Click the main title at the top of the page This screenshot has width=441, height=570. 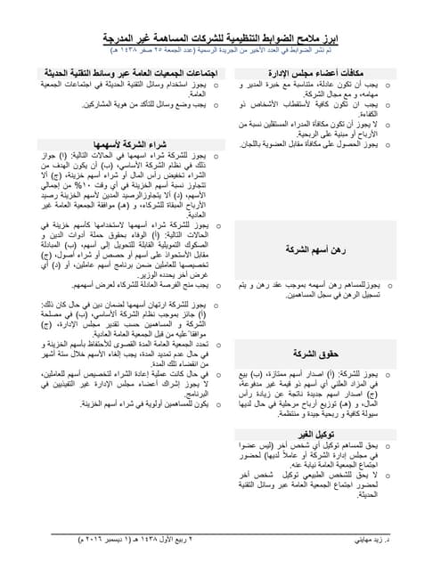coord(220,41)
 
